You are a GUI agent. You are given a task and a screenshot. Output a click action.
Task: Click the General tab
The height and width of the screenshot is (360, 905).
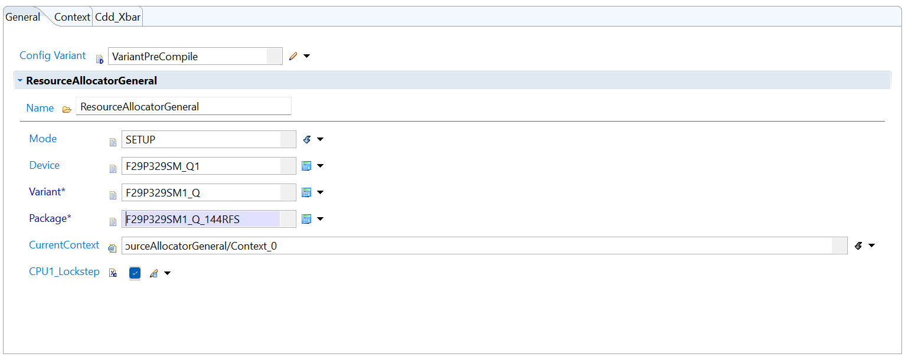coord(22,17)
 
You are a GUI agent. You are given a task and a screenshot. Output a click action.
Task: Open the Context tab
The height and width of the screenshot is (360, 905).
coord(72,17)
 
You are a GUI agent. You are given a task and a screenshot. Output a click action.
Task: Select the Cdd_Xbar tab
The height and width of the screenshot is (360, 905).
coord(117,17)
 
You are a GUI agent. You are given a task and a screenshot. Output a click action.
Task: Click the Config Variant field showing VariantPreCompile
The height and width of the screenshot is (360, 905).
coord(195,56)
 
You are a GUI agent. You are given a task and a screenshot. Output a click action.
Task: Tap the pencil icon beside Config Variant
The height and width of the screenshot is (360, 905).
coord(293,56)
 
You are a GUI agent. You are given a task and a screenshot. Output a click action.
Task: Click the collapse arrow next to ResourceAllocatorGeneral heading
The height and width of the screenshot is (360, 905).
coord(20,80)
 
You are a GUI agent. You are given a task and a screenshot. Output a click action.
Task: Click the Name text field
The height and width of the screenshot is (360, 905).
coord(184,107)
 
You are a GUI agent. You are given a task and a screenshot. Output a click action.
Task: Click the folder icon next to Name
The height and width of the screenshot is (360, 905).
coord(67,109)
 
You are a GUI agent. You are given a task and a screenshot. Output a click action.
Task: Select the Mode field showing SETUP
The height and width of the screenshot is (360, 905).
coord(209,139)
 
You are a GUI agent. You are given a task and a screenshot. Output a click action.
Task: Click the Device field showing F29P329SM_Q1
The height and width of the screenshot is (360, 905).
coord(209,166)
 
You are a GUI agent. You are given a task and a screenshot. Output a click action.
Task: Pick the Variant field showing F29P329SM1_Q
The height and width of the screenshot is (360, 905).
coord(209,193)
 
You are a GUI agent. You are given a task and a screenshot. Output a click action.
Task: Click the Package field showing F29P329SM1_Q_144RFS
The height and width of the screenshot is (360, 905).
coord(209,219)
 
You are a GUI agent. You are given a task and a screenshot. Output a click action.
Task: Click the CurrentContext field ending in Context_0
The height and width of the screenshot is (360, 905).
coord(485,246)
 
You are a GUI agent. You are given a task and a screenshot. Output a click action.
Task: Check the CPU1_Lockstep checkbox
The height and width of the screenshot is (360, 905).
coord(135,273)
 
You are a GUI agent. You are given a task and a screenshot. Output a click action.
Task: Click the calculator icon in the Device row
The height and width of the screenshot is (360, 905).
coord(306,166)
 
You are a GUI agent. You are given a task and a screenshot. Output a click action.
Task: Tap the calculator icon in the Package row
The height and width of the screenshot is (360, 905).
coord(306,219)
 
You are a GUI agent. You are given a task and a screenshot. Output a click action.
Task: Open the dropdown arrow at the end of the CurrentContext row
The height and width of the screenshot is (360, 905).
coord(872,246)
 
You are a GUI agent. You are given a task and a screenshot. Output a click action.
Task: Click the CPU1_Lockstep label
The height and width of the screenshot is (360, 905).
coord(64,271)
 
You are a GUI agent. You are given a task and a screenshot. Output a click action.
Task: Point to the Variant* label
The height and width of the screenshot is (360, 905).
coord(47,192)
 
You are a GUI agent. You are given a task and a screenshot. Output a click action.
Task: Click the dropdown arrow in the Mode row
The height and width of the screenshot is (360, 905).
coord(321,139)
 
